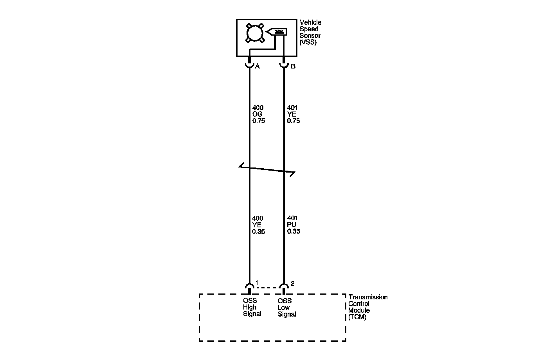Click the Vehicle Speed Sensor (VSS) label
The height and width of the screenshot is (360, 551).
pos(310,32)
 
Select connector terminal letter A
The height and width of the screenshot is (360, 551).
pos(257,66)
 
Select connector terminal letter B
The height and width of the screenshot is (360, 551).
pos(293,66)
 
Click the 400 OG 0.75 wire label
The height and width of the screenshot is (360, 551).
pos(258,114)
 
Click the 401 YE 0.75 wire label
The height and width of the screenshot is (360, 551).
pos(293,114)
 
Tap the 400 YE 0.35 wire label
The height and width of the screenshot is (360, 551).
pos(258,225)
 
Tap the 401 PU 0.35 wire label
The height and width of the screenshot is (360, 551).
pos(293,225)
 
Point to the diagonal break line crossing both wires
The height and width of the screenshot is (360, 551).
pos(267,169)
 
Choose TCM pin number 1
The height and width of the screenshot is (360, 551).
pos(257,283)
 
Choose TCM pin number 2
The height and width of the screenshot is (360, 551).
pos(292,283)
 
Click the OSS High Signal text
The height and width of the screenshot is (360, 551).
pos(252,308)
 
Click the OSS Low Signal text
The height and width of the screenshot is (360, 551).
pos(286,308)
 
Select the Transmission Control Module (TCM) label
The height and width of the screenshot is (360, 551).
pos(367,307)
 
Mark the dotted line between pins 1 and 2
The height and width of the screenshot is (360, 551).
pos(267,287)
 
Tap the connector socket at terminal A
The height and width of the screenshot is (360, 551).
pos(249,64)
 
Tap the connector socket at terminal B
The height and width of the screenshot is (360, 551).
pos(284,64)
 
